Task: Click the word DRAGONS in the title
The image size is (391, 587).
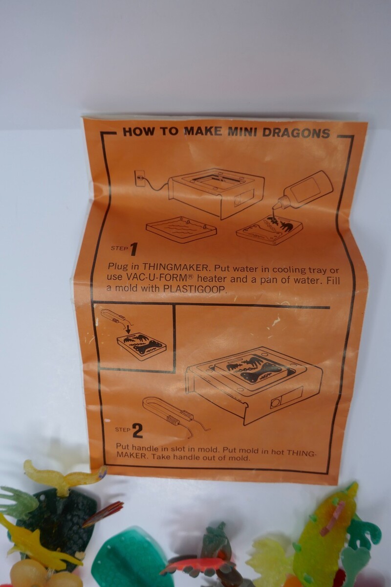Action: pyautogui.click(x=297, y=133)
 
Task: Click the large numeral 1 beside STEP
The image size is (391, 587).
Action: pyautogui.click(x=133, y=249)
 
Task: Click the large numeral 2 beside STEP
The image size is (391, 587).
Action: pyautogui.click(x=138, y=431)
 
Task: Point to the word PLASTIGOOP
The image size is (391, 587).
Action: pyautogui.click(x=195, y=289)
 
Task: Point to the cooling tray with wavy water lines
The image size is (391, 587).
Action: pyautogui.click(x=181, y=229)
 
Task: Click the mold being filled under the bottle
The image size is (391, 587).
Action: pyautogui.click(x=269, y=230)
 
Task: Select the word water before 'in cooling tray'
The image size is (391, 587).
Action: pyautogui.click(x=251, y=269)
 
